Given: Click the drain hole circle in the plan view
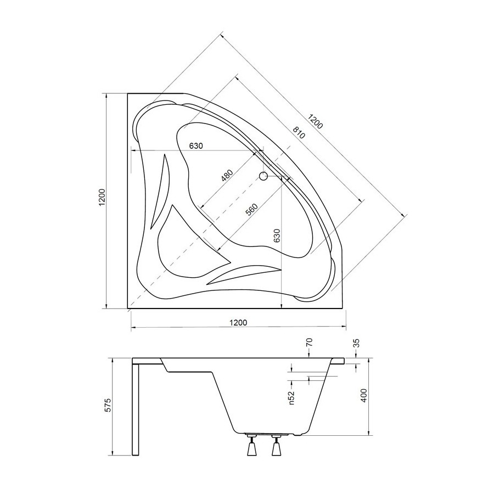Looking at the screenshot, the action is (x=263, y=176).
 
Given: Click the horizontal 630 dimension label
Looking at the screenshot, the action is (x=196, y=146).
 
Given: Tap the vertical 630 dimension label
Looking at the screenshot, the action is (x=277, y=235).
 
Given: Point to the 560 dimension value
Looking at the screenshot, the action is (x=252, y=210).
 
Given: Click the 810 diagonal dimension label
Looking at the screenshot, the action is (x=299, y=133).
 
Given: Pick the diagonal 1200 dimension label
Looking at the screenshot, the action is (x=316, y=122).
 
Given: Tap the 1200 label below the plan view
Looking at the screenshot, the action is (x=238, y=323).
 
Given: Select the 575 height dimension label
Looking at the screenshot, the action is (x=108, y=405).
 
